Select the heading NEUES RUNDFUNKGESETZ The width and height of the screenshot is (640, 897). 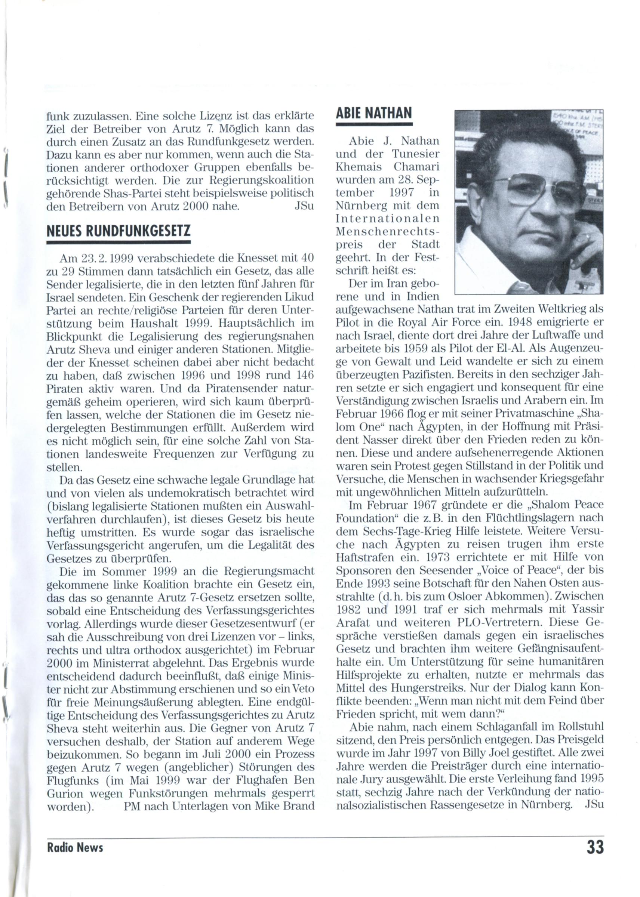(118, 231)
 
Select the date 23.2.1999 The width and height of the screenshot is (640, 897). (103, 258)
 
